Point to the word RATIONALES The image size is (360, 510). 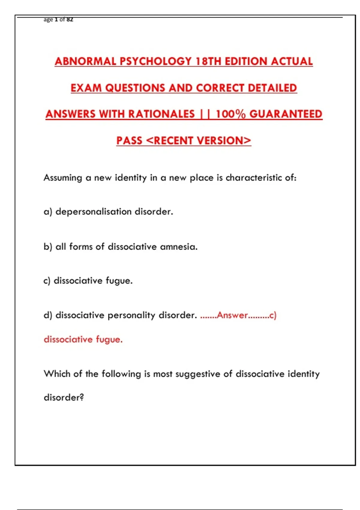click(x=161, y=114)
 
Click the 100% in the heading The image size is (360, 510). click(x=231, y=114)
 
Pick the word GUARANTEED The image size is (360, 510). click(x=286, y=114)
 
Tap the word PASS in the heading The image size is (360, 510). click(x=129, y=140)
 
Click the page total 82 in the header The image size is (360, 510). click(x=70, y=19)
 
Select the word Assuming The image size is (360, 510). click(x=63, y=178)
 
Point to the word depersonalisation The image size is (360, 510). click(x=94, y=212)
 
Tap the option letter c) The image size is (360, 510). click(x=47, y=281)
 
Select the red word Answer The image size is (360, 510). click(x=232, y=315)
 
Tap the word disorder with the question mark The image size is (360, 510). click(x=64, y=397)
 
